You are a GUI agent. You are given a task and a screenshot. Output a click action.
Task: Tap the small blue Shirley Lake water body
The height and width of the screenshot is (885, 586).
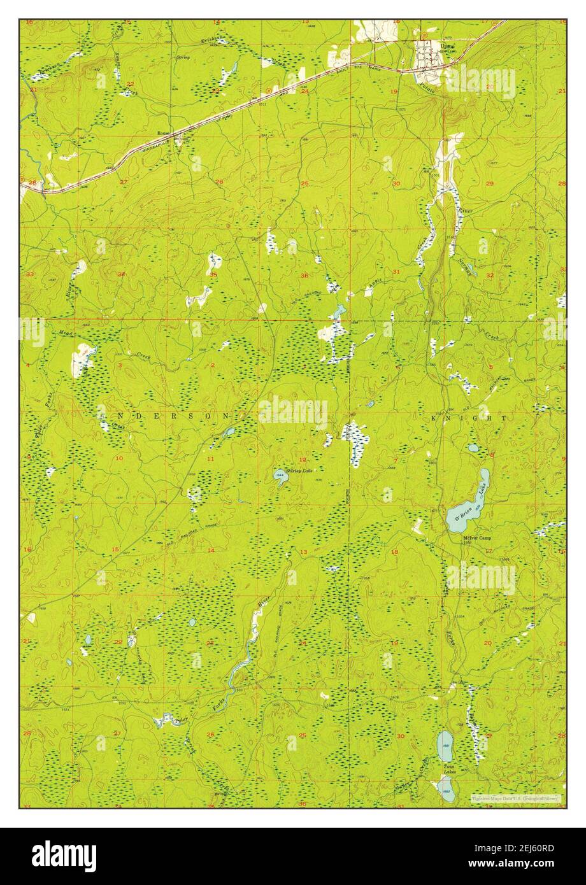(x=280, y=476)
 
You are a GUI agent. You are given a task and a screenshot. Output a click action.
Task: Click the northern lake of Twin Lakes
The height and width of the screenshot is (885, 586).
(x=445, y=746)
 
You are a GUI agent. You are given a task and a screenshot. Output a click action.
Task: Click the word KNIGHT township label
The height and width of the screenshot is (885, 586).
(x=469, y=418)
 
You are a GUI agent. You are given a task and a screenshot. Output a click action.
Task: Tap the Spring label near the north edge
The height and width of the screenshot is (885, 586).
(x=183, y=57)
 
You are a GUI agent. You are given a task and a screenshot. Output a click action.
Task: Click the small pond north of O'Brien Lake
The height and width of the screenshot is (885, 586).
(x=473, y=448)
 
